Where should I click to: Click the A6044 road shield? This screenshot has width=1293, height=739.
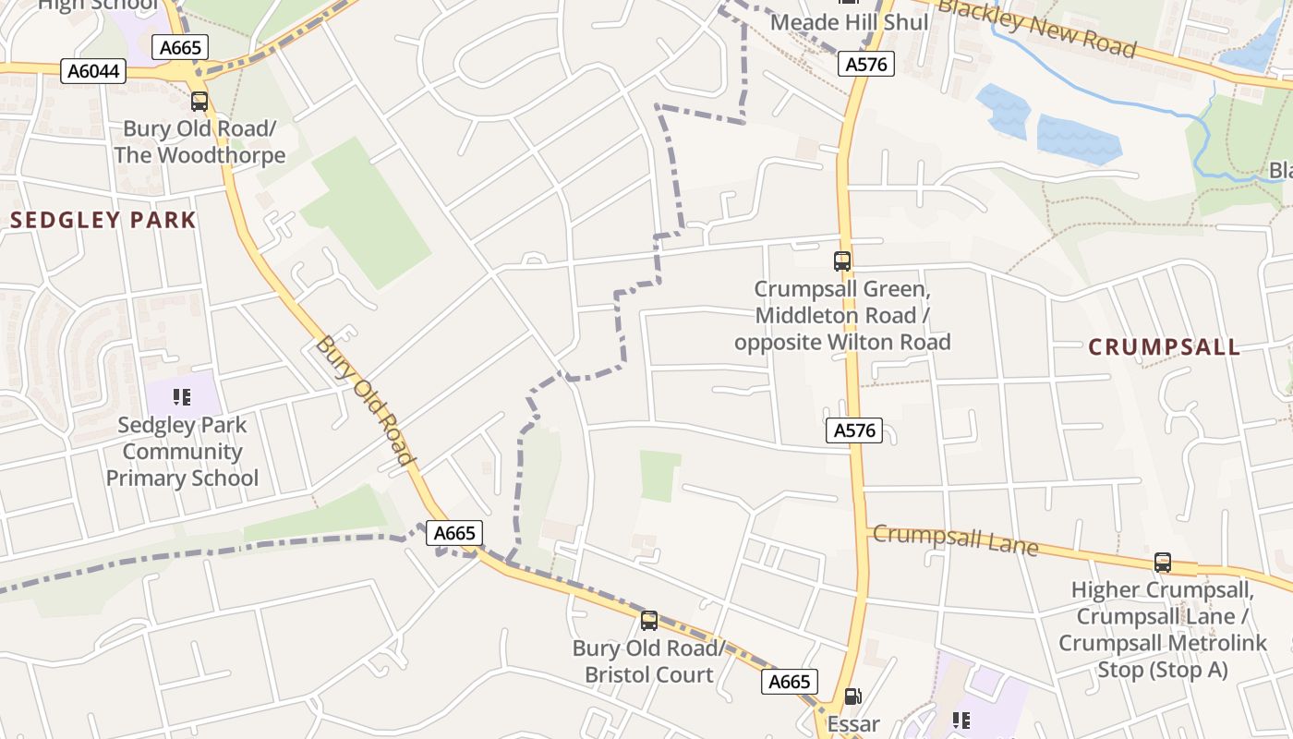coord(93,71)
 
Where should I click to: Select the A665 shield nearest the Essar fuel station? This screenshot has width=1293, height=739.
coord(789,682)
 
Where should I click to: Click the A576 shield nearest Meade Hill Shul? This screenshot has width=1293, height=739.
coord(866,64)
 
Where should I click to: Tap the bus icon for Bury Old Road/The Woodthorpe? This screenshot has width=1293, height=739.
coord(199,102)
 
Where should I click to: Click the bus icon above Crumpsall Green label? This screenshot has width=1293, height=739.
coord(841,261)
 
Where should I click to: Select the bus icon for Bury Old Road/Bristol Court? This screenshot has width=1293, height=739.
coord(649,620)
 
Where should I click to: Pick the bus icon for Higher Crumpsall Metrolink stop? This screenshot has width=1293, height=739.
coord(1162,562)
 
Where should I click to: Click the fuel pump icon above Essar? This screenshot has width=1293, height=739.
coord(853,697)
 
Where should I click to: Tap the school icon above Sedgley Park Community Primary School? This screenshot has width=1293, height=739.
coord(182,397)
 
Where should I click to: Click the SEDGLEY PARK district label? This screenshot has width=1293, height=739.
coord(103,220)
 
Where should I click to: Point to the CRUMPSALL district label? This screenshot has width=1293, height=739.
coord(1164,347)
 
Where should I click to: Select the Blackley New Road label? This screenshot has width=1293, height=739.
coord(1035,28)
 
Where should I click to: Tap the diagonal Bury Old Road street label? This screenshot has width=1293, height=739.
coord(364,399)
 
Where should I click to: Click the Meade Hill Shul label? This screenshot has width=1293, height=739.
coord(849,22)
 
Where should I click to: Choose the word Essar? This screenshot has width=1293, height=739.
coord(853,724)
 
